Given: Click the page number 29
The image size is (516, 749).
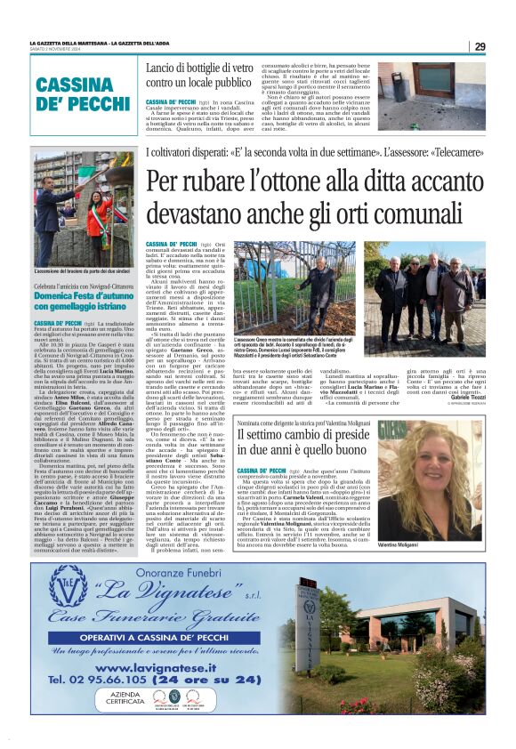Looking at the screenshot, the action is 480,46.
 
